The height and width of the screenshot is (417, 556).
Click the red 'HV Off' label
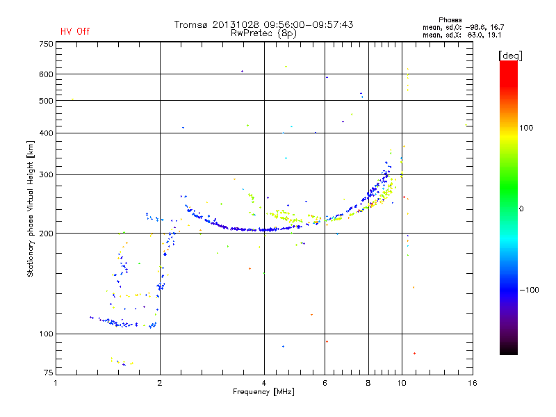[x=75, y=31]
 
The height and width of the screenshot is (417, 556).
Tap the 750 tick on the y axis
[x=46, y=44]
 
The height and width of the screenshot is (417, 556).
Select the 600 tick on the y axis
[x=46, y=74]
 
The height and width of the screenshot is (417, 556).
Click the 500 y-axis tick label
[x=46, y=101]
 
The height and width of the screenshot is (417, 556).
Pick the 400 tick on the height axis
[x=46, y=133]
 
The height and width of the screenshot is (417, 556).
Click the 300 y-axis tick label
[x=46, y=174]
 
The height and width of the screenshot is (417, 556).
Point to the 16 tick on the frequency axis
[x=472, y=382]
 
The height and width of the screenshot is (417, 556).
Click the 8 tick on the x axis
[x=368, y=382]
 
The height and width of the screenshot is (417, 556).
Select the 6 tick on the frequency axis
[x=325, y=382]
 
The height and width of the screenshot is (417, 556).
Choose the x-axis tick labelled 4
[x=264, y=382]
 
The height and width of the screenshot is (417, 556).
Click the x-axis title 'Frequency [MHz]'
[x=264, y=393]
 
